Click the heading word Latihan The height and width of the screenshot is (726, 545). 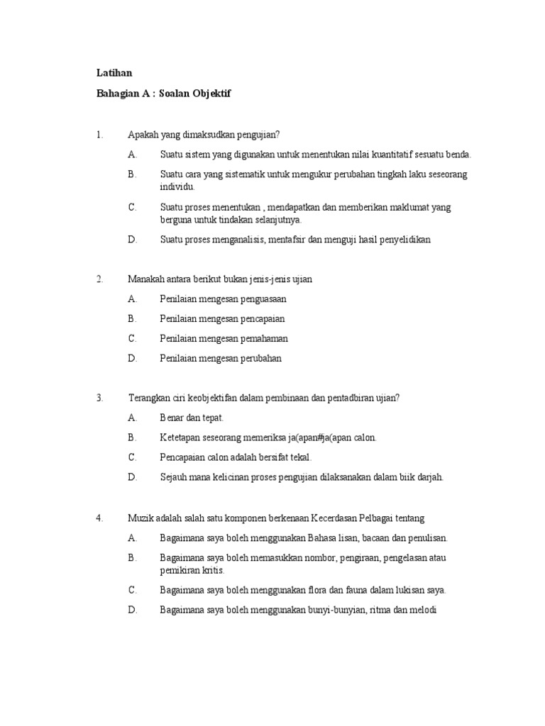point(114,73)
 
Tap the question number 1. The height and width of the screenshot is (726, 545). point(99,135)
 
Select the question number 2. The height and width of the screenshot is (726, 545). point(99,279)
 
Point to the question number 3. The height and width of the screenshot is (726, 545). point(99,398)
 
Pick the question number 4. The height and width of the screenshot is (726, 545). point(99,518)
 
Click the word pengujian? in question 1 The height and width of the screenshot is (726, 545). point(259,135)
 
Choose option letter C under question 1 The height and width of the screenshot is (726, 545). point(132,207)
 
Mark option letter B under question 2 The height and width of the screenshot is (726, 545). point(132,319)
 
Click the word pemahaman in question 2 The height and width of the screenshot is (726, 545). point(263,339)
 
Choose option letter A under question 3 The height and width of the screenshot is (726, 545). point(132,418)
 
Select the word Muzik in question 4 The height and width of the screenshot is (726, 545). point(139,518)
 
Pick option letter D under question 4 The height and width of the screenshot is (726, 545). point(132,610)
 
